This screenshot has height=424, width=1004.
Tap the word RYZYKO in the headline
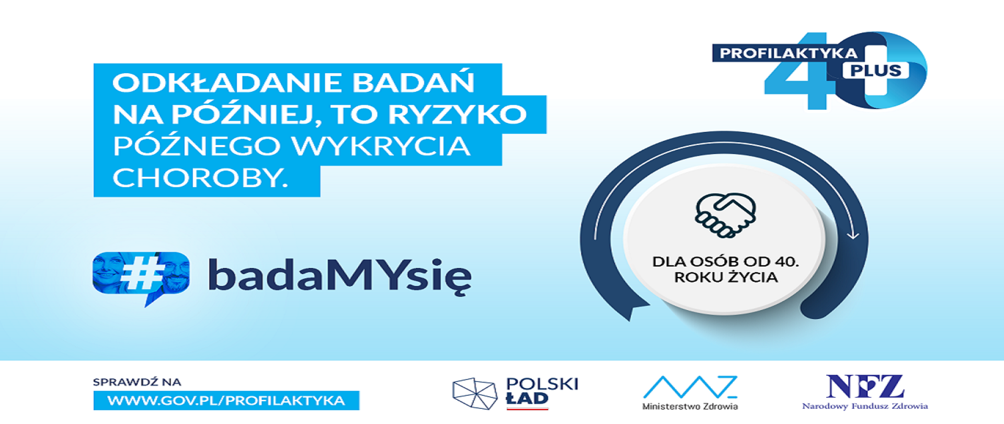(457, 115)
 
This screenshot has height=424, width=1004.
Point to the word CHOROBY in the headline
(200, 178)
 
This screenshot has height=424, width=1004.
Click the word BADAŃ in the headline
(413, 83)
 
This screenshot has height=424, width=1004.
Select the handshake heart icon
(725, 215)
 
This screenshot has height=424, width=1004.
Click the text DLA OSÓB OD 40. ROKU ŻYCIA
(725, 269)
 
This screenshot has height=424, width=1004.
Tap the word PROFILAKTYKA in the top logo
(789, 53)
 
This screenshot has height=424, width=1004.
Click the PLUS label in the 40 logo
(875, 71)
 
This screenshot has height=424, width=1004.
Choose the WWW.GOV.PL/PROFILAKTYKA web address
(226, 401)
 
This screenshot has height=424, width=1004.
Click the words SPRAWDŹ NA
(137, 382)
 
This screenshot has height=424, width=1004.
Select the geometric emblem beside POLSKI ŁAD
(474, 393)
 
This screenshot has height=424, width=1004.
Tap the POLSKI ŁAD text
(542, 391)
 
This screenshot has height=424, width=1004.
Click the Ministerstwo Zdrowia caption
(690, 406)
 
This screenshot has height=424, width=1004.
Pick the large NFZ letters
(865, 387)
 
